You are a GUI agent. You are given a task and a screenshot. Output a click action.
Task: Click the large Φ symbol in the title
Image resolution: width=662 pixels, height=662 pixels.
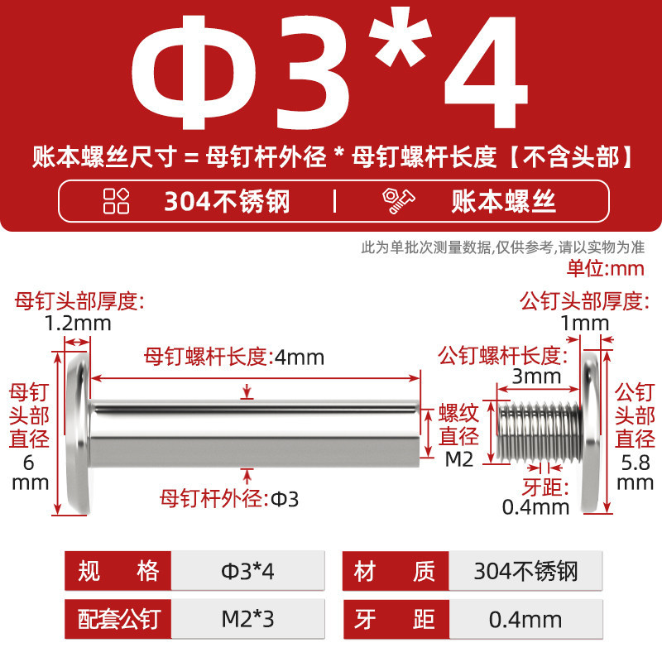(194, 73)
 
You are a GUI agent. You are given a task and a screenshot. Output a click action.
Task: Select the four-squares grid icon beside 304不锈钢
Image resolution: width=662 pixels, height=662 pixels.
(116, 200)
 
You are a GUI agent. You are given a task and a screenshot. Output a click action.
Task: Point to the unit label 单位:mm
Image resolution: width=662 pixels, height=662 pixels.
(606, 268)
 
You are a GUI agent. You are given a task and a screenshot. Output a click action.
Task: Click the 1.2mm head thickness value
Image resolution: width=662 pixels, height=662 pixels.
(78, 324)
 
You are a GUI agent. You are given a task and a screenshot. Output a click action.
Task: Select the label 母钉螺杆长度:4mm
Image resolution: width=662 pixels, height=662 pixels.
(234, 357)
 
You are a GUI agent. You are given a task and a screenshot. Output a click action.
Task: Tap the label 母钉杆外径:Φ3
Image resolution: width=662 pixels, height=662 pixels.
(229, 499)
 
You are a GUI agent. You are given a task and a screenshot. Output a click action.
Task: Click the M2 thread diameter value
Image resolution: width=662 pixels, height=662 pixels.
(459, 459)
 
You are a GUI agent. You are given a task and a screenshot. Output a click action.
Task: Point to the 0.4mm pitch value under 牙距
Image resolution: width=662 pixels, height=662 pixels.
(535, 506)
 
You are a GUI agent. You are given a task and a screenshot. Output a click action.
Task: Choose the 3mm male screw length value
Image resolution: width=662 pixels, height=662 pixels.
(536, 377)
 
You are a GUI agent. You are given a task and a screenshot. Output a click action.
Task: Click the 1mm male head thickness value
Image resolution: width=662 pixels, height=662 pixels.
(584, 324)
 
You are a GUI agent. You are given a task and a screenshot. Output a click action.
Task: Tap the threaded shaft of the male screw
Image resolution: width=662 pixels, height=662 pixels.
(540, 432)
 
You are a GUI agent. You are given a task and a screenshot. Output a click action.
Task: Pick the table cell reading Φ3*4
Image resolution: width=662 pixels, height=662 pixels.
(247, 571)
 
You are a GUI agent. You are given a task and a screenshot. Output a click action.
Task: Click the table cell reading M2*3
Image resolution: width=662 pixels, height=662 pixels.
(247, 619)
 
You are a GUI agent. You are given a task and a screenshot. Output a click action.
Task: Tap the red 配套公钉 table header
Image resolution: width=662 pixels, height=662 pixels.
(118, 619)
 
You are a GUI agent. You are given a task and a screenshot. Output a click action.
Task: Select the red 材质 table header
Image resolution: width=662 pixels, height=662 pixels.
(396, 571)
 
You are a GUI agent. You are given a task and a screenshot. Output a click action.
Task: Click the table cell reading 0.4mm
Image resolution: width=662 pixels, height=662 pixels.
(525, 619)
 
